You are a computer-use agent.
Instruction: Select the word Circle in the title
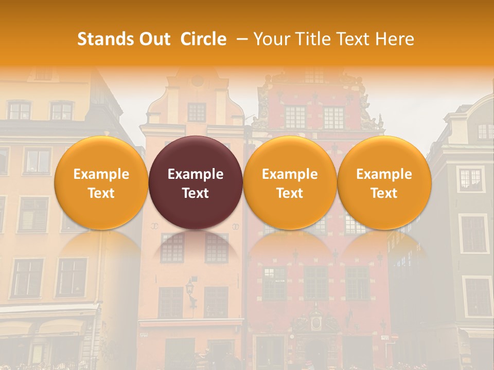coord(203,39)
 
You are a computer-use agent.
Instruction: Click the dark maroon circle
coord(196,182)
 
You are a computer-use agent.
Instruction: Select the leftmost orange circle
coord(101,182)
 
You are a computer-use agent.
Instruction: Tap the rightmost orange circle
coord(384,182)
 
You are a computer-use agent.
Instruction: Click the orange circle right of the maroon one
coord(290,182)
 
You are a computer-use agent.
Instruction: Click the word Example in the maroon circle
coord(196,174)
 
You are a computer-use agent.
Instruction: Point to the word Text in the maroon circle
coord(196,193)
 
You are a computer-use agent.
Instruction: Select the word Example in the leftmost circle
coord(101,174)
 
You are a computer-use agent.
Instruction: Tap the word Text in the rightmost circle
coord(384,193)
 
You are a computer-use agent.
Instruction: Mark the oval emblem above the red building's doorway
coord(315,323)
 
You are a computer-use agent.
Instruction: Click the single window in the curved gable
coord(197,112)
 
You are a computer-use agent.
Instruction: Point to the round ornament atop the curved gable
coord(197,81)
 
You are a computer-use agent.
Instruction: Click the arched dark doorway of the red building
coord(315,352)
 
